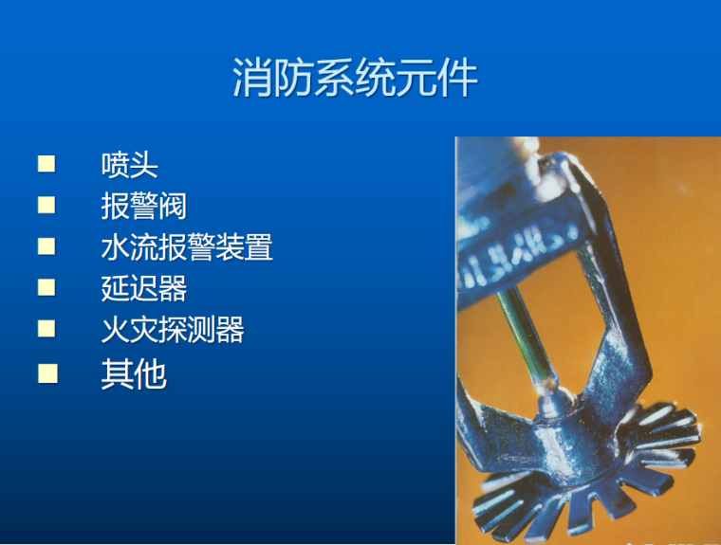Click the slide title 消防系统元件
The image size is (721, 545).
pos(355,80)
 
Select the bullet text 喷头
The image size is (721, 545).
pos(129,165)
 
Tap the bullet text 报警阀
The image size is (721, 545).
pos(143,206)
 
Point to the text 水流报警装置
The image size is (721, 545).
pos(187,247)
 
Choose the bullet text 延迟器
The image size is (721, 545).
pos(143,288)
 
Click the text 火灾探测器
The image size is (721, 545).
pos(173,330)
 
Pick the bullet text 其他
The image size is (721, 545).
pos(134,374)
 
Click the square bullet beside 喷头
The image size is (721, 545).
pos(46,164)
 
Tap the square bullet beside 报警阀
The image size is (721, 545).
pos(46,205)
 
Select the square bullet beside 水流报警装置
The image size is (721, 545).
pos(46,246)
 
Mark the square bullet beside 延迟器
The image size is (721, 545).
pos(46,287)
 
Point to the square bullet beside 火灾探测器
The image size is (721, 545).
pos(46,329)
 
